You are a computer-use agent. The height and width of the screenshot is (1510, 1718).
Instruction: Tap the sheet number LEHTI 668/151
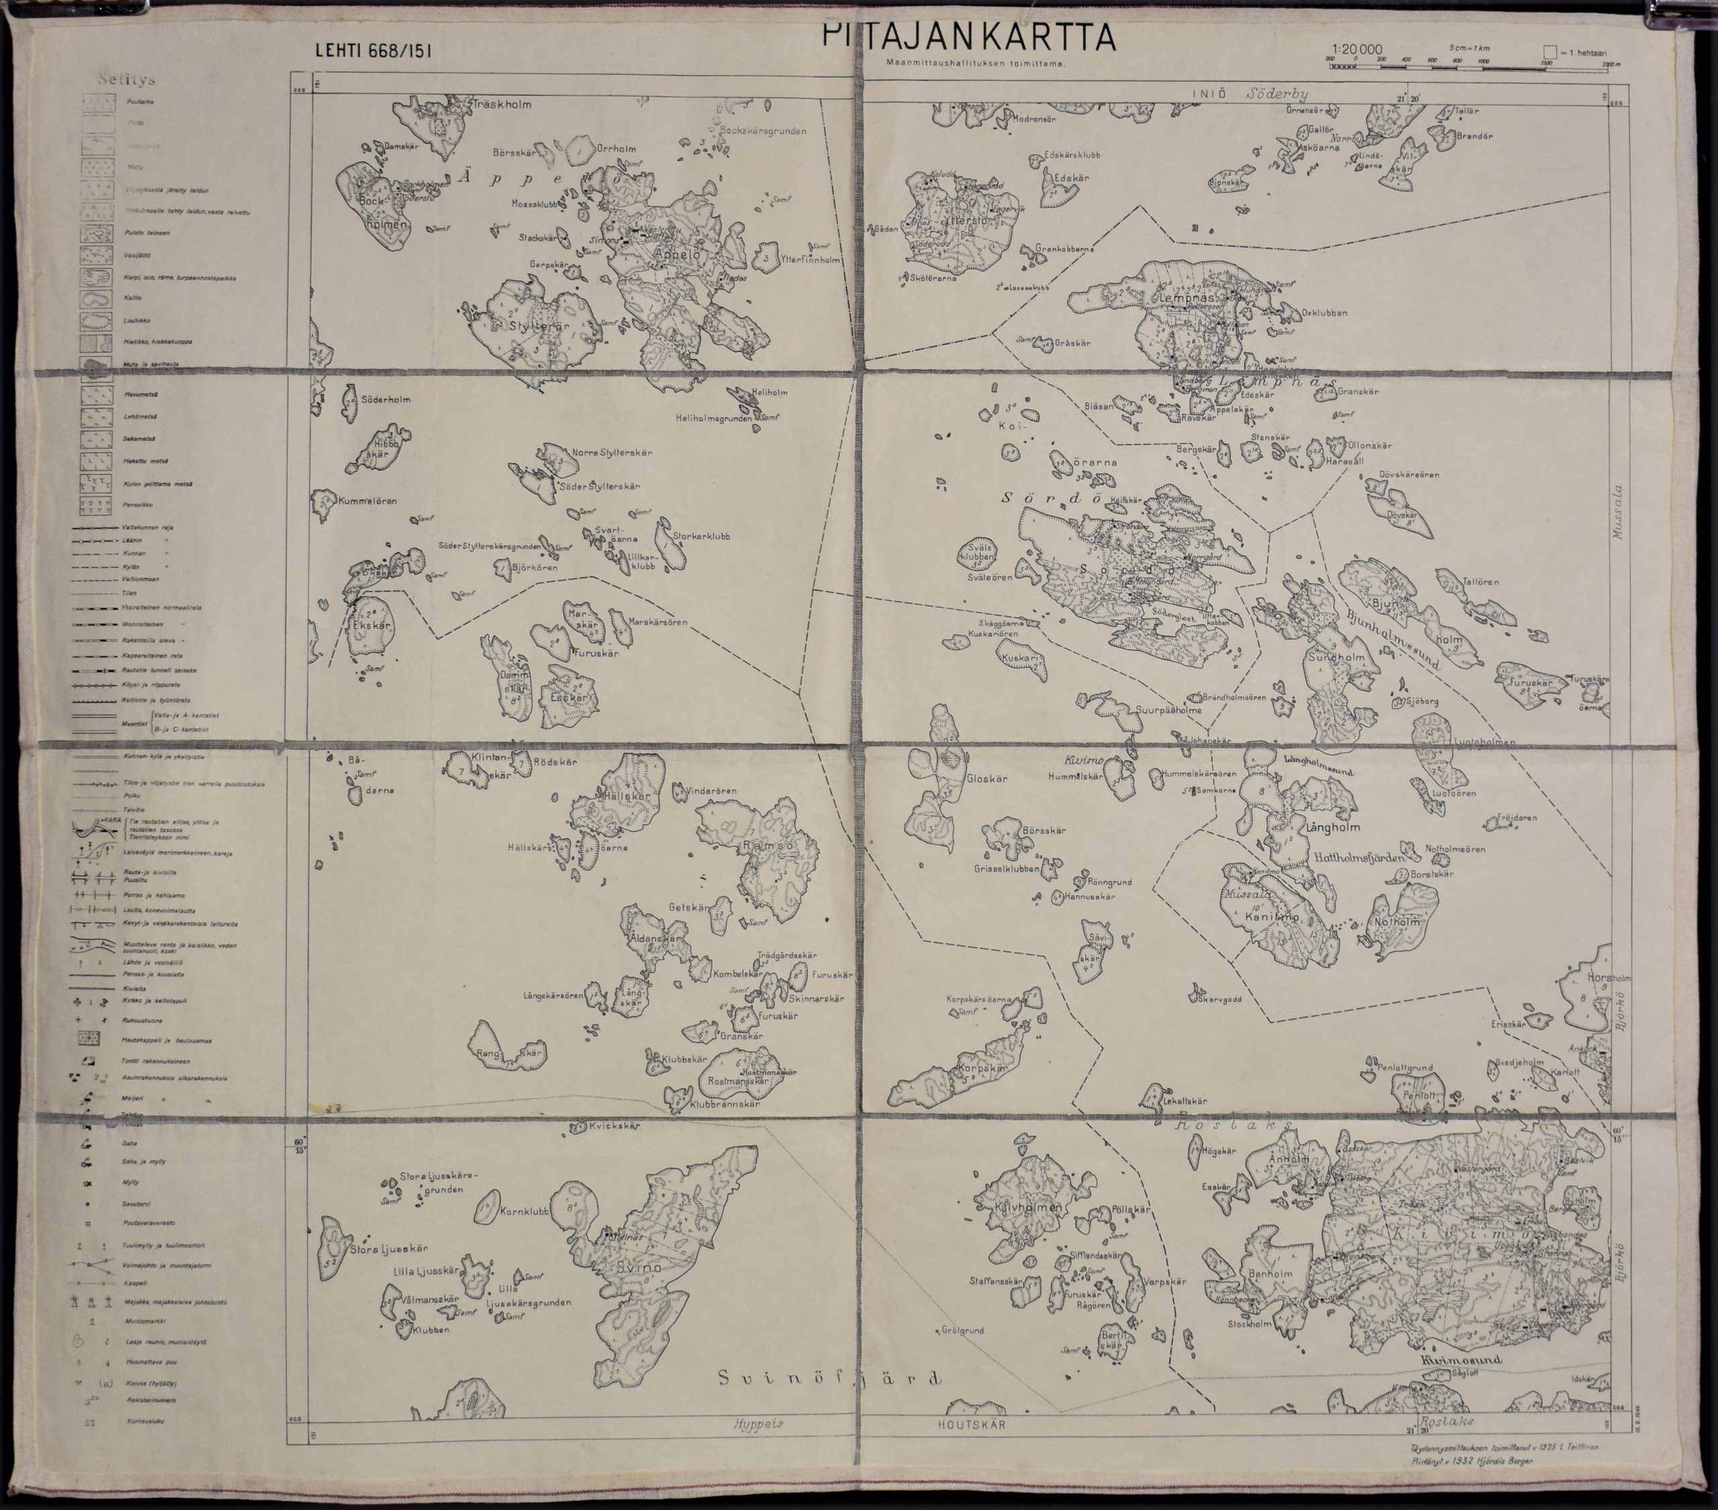tap(373, 50)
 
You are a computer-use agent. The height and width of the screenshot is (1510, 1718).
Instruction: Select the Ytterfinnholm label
tap(810, 260)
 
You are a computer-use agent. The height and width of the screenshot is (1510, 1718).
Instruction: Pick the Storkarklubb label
tap(701, 536)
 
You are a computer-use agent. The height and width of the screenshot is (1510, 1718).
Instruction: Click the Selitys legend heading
tap(125, 81)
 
